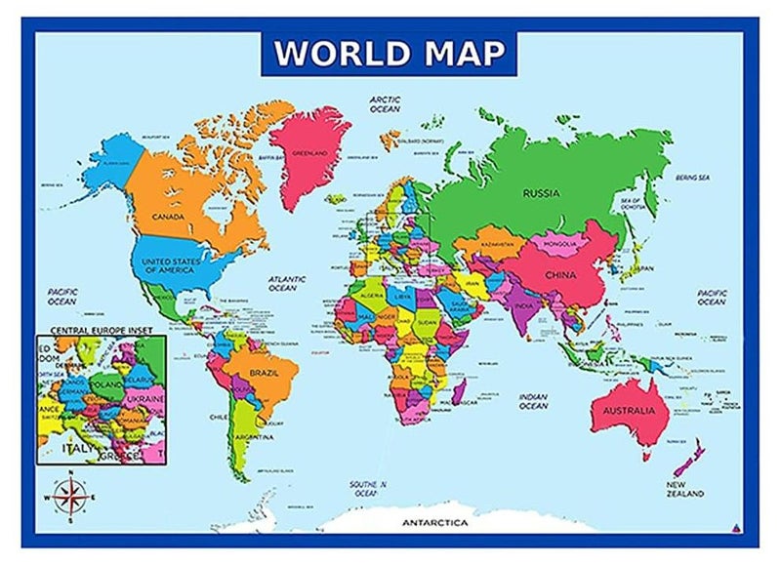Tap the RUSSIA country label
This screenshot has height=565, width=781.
pos(540,193)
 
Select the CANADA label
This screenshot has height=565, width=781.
pos(169,216)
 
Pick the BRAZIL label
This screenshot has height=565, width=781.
pos(265,373)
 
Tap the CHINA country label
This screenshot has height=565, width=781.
pos(563,274)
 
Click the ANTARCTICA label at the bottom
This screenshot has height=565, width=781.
pos(435,523)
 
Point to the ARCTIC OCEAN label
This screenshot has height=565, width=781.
pos(385,104)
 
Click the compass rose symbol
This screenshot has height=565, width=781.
pos(69,497)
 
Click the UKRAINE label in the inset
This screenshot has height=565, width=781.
pos(144,400)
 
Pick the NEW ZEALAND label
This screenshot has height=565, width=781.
pos(686,488)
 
